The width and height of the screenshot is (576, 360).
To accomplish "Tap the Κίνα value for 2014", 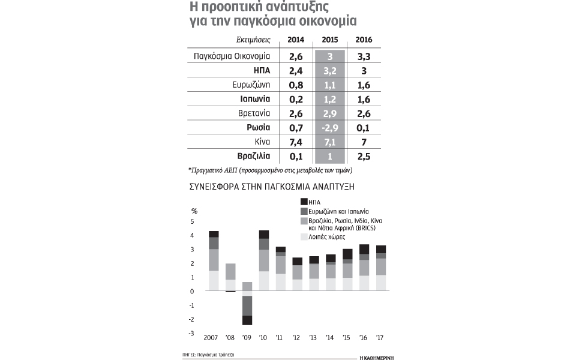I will [x=296, y=142].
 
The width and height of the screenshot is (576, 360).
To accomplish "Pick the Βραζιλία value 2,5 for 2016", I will [x=364, y=157].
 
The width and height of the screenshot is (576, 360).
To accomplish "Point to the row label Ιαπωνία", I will [x=252, y=99].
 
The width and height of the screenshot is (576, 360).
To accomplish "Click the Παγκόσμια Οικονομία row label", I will [x=232, y=56].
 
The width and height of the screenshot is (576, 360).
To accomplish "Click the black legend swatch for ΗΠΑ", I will [x=303, y=202].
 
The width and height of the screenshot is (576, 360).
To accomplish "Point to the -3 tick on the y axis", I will [x=193, y=334].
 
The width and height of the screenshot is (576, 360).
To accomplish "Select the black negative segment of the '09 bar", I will [x=247, y=320].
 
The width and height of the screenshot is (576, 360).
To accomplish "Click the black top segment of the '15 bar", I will [x=347, y=254].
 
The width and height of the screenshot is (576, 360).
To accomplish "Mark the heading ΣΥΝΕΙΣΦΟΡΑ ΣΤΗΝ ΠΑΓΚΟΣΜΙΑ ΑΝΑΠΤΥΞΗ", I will [x=271, y=187].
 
